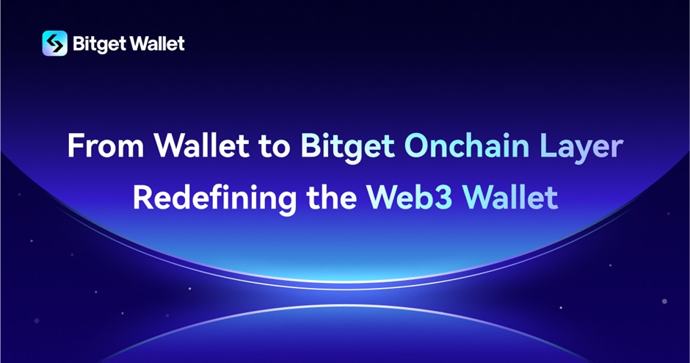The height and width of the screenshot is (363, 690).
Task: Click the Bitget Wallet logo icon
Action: tap(54, 43)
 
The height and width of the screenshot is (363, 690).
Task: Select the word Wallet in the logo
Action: tap(158, 43)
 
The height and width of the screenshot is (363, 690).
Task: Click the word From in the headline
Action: tap(106, 145)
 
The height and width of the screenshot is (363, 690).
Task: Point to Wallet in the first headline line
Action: tap(201, 145)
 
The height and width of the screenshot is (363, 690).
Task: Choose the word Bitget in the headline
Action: tap(347, 148)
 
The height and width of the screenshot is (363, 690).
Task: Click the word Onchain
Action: tap(466, 145)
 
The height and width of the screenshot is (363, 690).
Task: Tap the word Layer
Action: tap(581, 148)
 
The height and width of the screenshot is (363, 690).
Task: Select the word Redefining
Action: tap(215, 198)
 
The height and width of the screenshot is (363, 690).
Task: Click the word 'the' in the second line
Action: tap(331, 197)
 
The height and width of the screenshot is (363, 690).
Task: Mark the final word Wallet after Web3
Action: tap(510, 197)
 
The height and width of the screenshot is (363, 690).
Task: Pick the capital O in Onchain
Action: tap(416, 146)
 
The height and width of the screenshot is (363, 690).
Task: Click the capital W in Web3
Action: tap(383, 198)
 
